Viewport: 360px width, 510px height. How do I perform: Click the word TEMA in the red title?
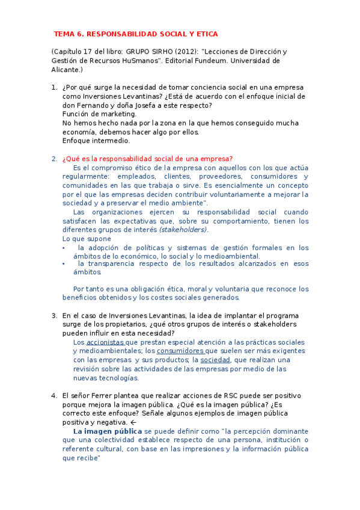point(64,34)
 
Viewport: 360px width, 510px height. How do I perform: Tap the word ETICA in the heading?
point(206,34)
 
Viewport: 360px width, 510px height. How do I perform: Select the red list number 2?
point(54,159)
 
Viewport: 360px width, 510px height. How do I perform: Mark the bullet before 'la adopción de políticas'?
point(64,248)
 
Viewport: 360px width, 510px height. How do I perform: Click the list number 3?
point(54,316)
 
